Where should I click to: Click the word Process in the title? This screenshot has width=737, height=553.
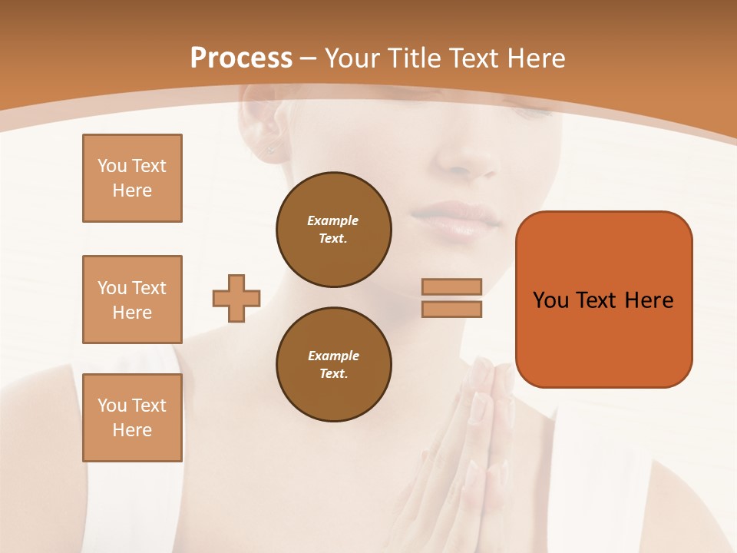241,58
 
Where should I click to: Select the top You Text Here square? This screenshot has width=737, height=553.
132,178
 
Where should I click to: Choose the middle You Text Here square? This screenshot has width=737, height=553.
132,300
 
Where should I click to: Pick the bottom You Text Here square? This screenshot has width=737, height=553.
132,417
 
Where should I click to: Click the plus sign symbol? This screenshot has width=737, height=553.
236,298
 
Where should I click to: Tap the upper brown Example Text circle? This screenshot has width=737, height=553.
333,230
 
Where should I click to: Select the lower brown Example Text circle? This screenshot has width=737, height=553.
333,365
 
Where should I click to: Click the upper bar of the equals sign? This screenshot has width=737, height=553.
451,286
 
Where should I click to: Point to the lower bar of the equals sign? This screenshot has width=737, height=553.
451,309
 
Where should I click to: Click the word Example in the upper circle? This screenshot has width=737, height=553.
333,220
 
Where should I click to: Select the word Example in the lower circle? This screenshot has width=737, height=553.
333,356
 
